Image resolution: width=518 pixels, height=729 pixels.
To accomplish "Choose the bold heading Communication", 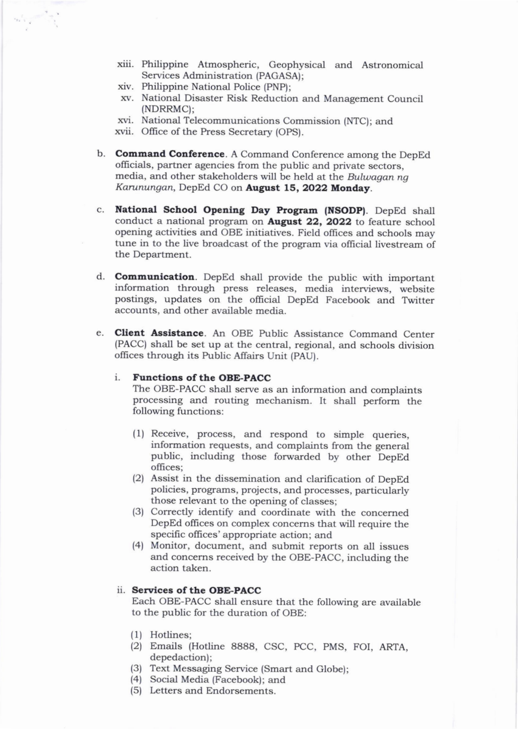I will [x=155, y=277].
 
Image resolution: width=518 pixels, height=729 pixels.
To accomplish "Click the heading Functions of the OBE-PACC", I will [x=202, y=378].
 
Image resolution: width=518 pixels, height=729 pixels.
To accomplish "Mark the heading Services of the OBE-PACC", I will [x=196, y=590].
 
